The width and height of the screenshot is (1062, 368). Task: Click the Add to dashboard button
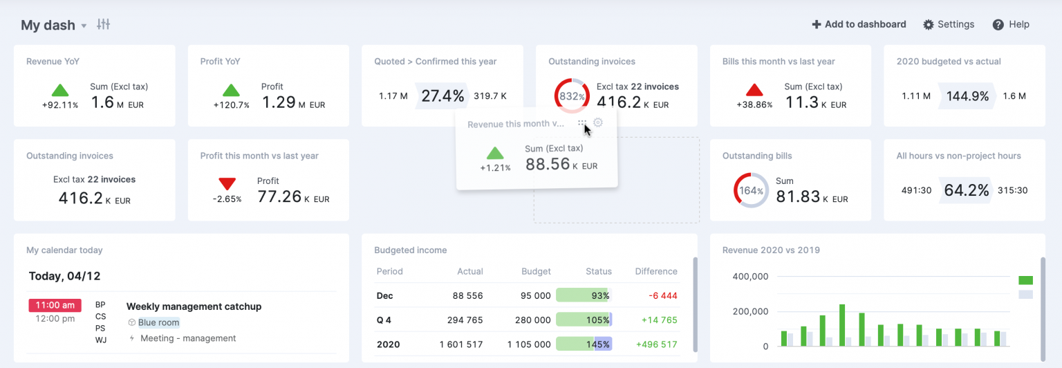click(x=859, y=24)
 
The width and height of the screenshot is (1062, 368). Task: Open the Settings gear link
click(x=949, y=24)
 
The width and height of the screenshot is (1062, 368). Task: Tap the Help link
click(x=1011, y=24)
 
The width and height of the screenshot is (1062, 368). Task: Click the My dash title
click(x=48, y=25)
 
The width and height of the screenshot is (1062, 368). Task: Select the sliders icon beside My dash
click(x=104, y=24)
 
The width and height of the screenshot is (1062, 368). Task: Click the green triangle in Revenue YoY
click(x=60, y=90)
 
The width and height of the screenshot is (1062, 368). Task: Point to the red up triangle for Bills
click(x=754, y=90)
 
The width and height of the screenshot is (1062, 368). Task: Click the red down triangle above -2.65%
click(x=227, y=184)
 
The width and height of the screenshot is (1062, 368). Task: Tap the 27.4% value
click(x=442, y=95)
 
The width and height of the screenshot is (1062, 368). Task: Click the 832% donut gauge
click(x=572, y=95)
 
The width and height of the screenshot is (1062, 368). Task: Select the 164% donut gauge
click(x=751, y=190)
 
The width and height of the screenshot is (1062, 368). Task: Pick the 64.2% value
click(x=967, y=190)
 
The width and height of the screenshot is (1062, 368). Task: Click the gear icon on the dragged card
click(x=598, y=123)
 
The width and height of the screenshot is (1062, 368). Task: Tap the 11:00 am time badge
click(x=55, y=305)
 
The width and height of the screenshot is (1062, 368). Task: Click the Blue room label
click(x=158, y=322)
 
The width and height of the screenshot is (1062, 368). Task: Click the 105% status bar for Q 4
click(x=584, y=320)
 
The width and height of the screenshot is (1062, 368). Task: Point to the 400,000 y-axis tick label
click(x=750, y=277)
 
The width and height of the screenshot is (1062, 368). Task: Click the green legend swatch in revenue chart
click(x=1025, y=280)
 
